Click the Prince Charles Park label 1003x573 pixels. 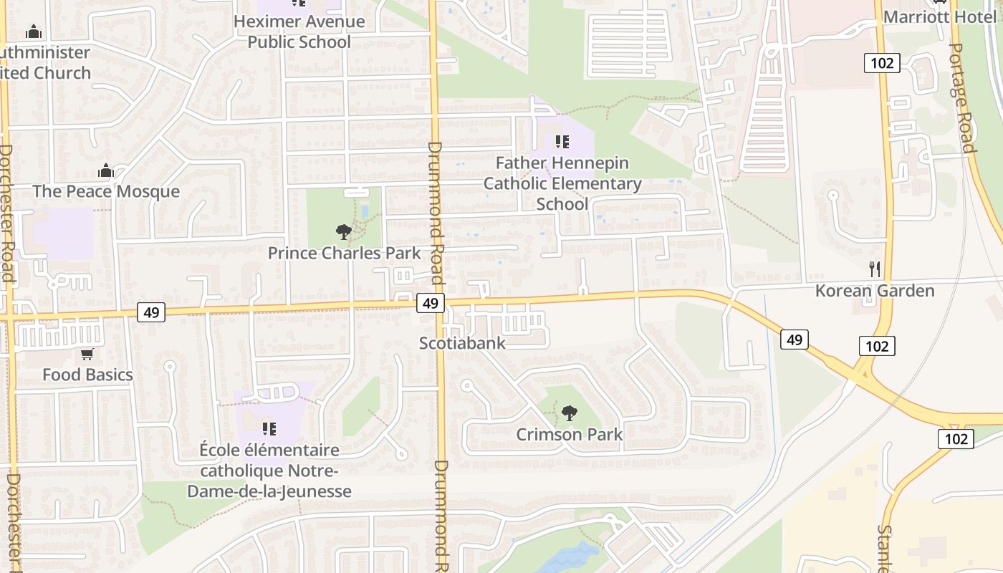pos(344,253)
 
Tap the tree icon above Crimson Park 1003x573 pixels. pos(569,413)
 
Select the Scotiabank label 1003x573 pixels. pos(462,343)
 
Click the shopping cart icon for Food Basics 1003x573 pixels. pos(87,354)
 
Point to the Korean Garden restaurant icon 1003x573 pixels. pos(874,269)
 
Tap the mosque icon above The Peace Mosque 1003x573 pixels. pos(106,170)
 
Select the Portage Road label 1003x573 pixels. pos(961,97)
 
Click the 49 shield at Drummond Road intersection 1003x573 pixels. pos(430,303)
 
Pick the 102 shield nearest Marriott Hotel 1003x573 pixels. pos(882,63)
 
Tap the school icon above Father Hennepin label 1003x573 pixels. pos(562,141)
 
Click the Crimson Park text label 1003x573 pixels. pos(570,435)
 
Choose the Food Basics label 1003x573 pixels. pos(87,375)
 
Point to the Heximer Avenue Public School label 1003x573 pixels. pos(299,32)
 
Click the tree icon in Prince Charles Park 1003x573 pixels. pos(344,231)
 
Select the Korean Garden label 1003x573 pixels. pos(875,291)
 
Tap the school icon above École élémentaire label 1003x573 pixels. pos(269,429)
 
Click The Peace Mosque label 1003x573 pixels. pos(106,191)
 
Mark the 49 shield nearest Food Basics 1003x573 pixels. pos(151,312)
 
